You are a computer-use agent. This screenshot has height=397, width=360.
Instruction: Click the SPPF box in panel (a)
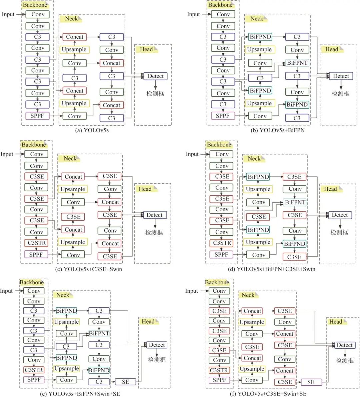37,116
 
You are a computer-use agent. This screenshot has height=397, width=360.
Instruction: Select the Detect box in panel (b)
341,76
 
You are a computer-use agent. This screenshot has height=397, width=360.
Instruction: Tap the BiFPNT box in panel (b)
297,63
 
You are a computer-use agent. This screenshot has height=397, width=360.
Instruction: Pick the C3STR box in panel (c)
36,243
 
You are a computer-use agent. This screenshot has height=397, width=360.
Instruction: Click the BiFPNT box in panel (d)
295,202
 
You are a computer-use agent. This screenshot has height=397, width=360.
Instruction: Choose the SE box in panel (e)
125,382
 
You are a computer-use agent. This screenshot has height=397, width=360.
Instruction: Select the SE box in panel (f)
311,382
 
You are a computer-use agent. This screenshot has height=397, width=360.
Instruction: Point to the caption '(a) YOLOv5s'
92,130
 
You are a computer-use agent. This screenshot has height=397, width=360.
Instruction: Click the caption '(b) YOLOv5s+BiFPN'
278,130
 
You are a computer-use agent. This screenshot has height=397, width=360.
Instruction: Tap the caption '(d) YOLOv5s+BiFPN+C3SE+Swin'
276,269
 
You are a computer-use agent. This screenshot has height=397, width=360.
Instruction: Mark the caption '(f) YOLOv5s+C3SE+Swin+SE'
268,394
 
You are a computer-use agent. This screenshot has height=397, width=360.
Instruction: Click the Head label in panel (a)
146,49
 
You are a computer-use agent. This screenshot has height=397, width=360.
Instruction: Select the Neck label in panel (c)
70,159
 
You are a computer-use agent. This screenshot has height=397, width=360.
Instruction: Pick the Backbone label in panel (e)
32,283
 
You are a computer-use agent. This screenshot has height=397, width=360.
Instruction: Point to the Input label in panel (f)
191,291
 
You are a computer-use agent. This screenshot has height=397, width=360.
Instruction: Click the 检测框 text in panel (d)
339,232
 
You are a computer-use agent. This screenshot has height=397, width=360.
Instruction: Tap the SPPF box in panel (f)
219,380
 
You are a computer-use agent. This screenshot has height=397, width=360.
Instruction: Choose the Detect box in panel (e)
157,345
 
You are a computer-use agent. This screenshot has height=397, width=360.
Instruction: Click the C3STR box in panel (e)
34,370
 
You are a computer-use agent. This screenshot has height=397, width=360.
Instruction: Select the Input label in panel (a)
8,14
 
